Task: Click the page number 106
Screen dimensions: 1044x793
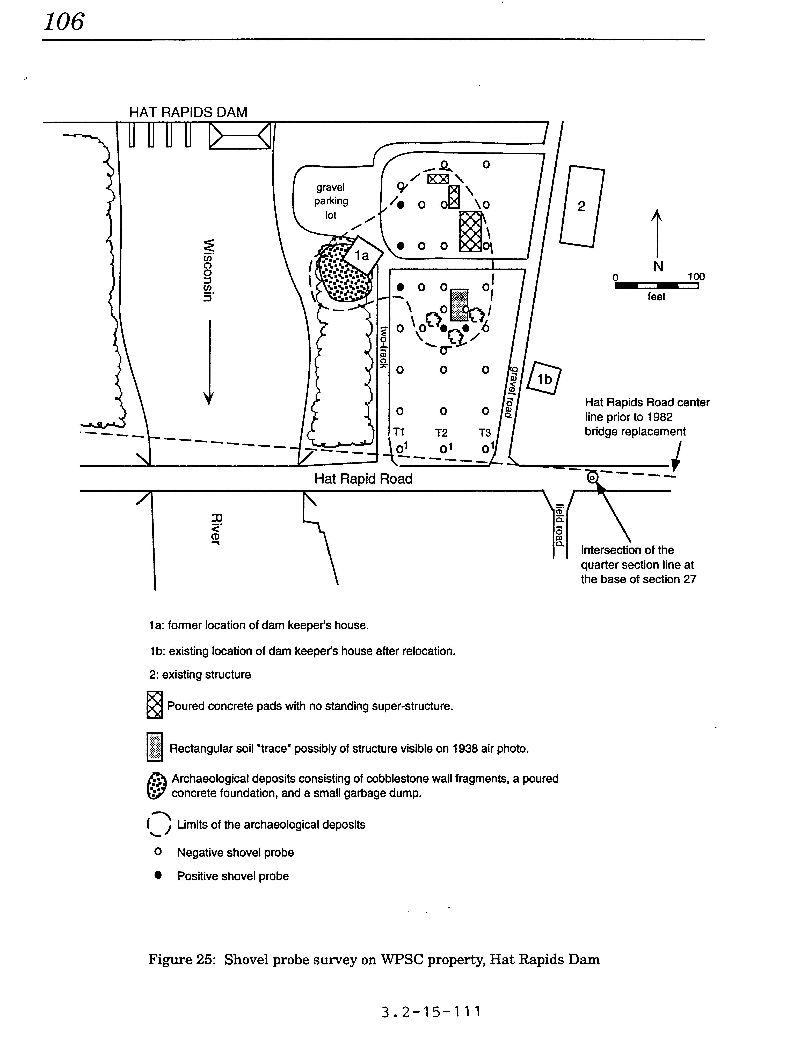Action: click(x=64, y=22)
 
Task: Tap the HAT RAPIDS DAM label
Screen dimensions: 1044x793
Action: click(x=188, y=113)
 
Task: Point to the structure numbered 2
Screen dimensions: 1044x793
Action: click(x=581, y=206)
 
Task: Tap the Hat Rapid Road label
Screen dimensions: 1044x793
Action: click(x=363, y=479)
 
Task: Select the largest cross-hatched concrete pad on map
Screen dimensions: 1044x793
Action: click(x=471, y=232)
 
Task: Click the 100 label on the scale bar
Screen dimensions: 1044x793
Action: click(x=696, y=276)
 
